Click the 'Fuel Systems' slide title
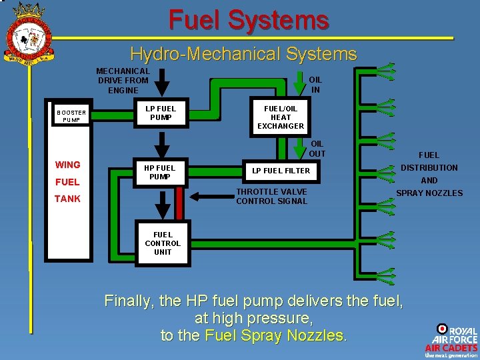[249, 20]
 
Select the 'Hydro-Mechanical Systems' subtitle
[243, 54]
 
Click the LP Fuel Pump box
[161, 113]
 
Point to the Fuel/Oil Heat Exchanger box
[281, 117]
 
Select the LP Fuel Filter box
[281, 171]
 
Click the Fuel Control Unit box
[163, 243]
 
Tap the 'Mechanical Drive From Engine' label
[123, 81]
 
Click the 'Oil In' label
[315, 85]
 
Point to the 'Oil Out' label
[317, 149]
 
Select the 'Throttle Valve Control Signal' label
[272, 197]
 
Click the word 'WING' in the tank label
[68, 165]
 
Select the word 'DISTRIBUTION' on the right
[429, 168]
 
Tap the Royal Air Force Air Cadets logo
[451, 340]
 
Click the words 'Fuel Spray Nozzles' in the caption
[275, 335]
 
